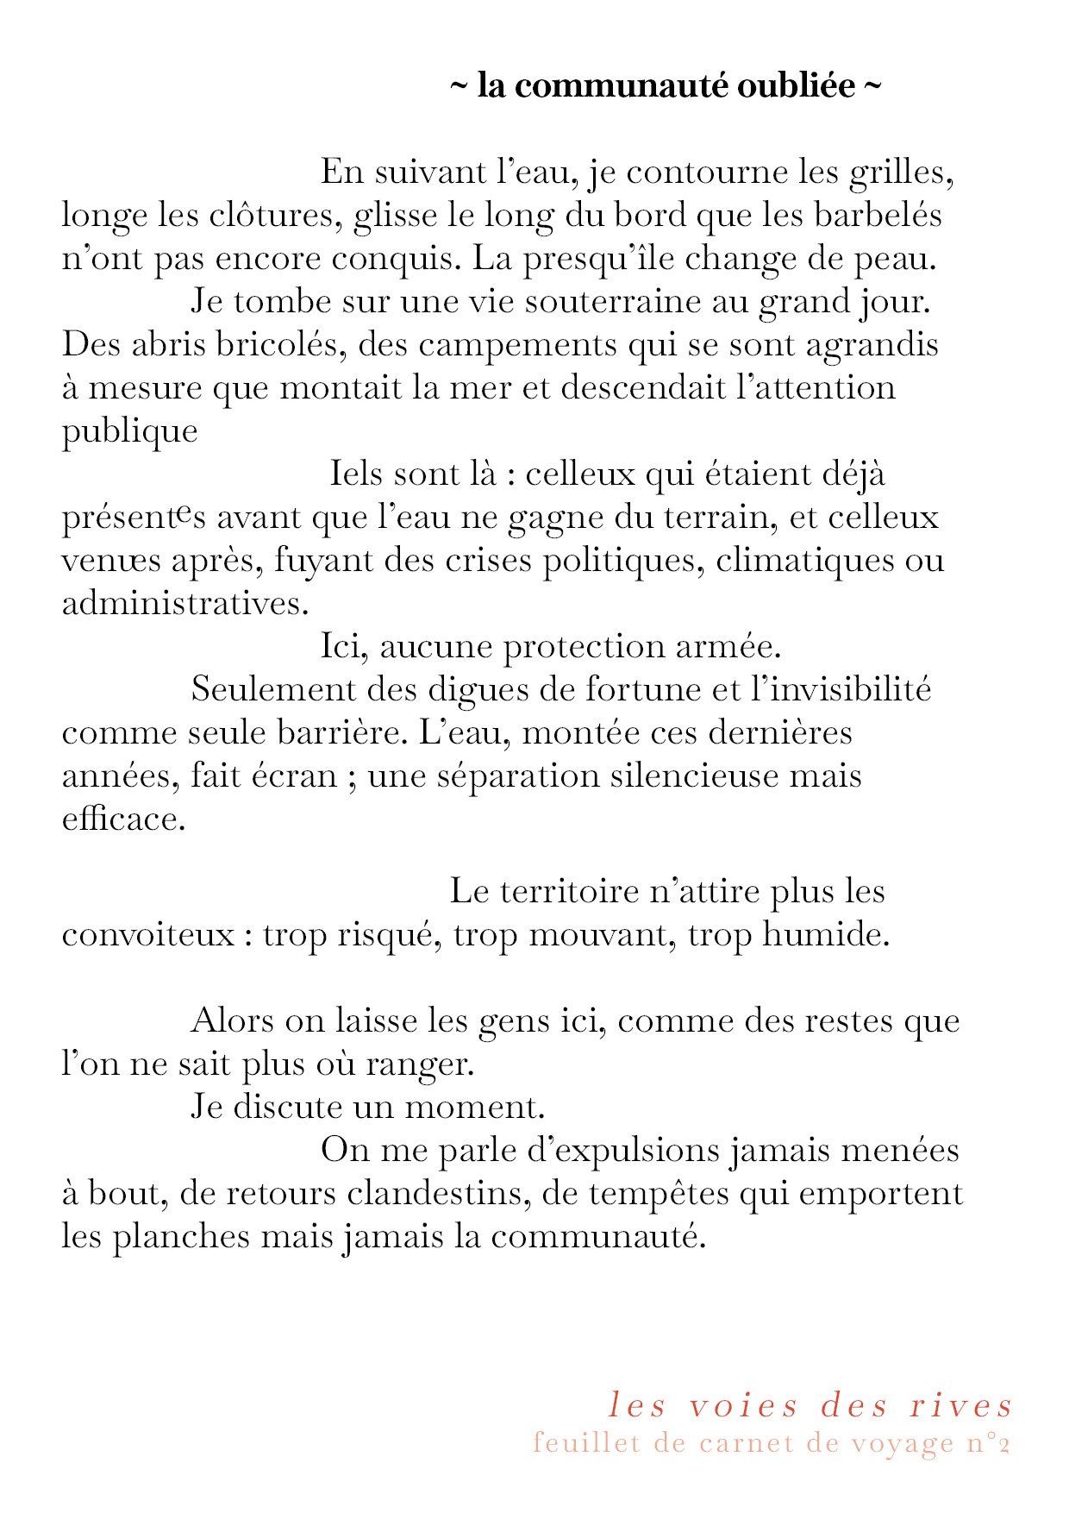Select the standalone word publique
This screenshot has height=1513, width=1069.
(x=130, y=431)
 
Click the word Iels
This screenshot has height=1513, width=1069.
(x=355, y=474)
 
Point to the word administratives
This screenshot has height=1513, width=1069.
(x=185, y=604)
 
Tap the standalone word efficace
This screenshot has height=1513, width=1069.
(x=124, y=819)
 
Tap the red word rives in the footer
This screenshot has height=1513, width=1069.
(x=961, y=1406)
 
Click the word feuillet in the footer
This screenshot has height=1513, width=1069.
(x=586, y=1443)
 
